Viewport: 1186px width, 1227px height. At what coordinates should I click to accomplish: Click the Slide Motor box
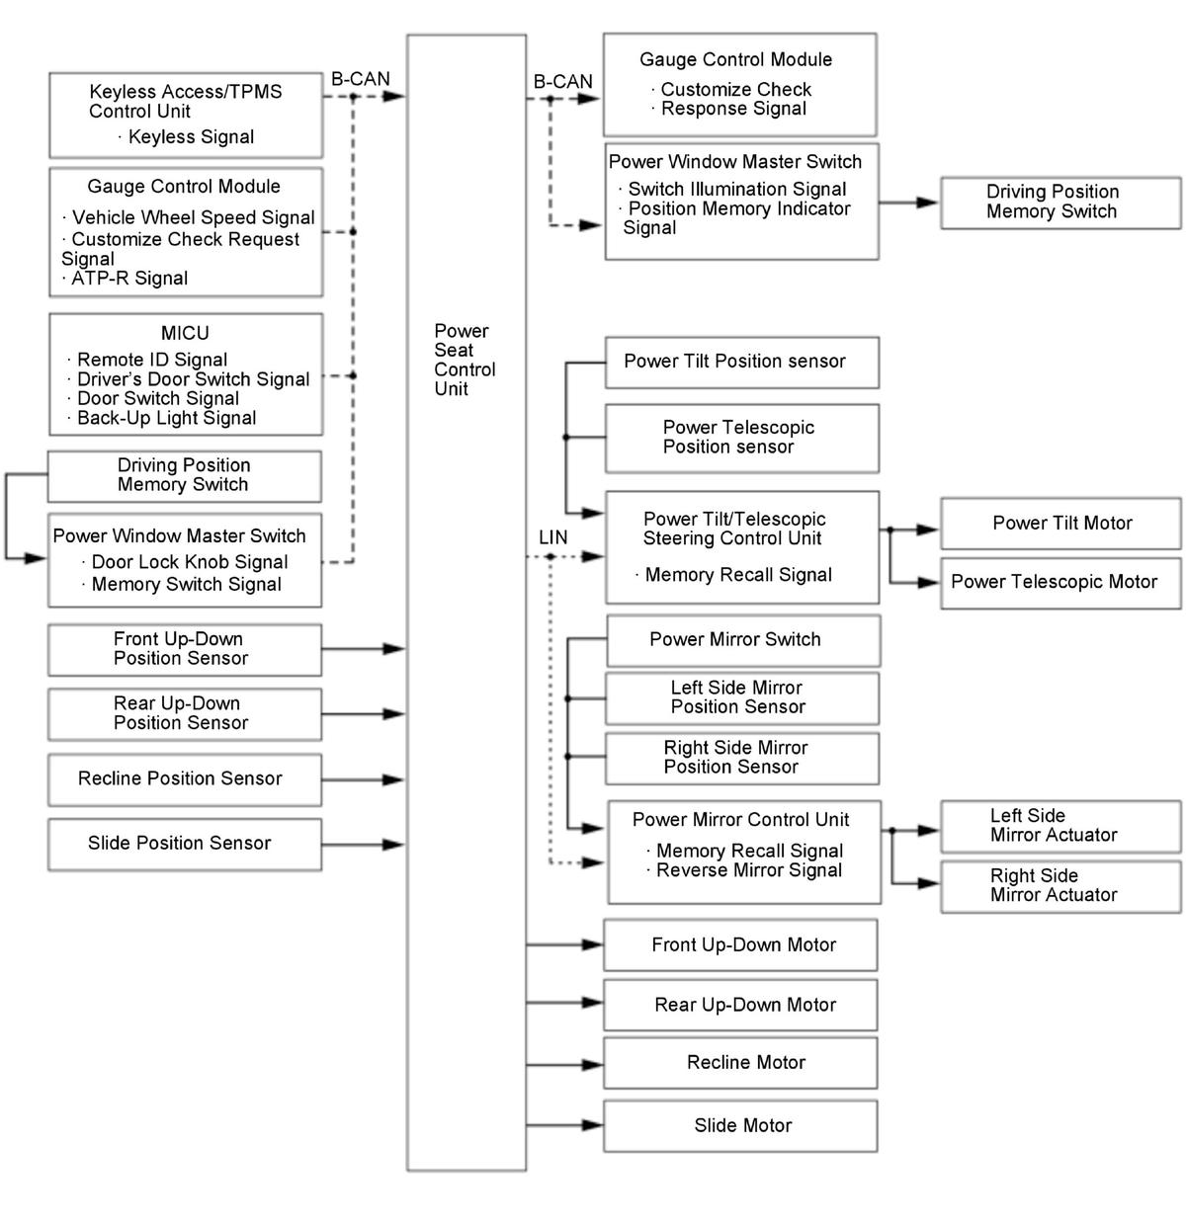(x=740, y=1125)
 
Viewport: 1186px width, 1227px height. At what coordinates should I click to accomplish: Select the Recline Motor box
(x=740, y=1063)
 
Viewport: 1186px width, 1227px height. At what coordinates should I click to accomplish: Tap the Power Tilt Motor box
(x=1060, y=524)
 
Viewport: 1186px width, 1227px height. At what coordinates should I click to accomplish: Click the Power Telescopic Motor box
(x=1060, y=582)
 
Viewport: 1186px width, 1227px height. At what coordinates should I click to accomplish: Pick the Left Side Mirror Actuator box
(x=1060, y=826)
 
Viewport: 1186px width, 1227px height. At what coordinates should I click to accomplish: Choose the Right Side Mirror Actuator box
(x=1060, y=885)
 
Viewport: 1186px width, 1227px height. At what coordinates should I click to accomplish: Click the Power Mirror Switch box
(x=742, y=640)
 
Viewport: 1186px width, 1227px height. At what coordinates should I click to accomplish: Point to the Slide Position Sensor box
(x=185, y=844)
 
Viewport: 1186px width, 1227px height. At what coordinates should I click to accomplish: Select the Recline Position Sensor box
(x=185, y=779)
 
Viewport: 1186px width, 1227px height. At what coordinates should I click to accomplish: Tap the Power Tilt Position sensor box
(x=741, y=362)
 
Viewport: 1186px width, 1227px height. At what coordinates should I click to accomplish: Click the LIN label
(x=553, y=537)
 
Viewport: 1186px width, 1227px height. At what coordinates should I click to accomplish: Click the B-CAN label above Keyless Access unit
(x=360, y=79)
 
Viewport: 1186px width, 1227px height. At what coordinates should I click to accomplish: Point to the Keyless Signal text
(x=191, y=137)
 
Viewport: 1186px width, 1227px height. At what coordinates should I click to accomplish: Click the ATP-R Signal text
(x=129, y=279)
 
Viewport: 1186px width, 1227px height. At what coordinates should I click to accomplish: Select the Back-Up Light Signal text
(x=167, y=418)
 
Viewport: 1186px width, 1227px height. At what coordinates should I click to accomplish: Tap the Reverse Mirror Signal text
(x=749, y=870)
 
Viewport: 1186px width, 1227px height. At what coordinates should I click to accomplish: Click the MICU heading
(x=185, y=333)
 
